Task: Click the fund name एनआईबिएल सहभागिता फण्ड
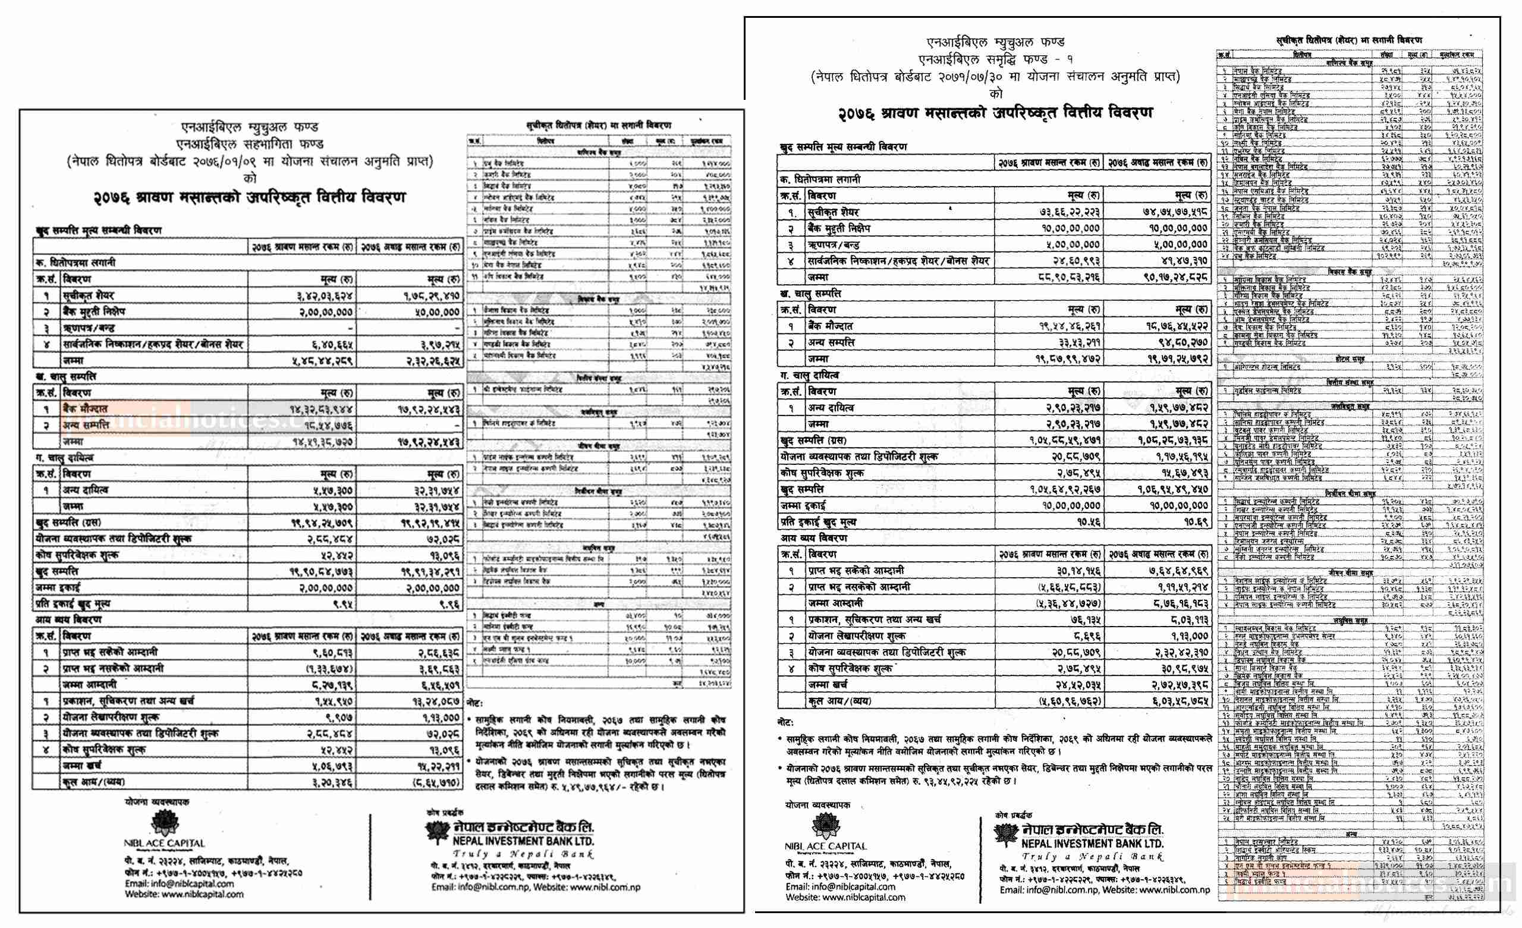(250, 144)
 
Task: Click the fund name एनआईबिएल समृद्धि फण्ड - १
(995, 59)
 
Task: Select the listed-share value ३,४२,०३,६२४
(324, 296)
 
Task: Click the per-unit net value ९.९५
(342, 603)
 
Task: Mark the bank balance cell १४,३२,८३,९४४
(321, 409)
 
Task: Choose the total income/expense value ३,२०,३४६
(330, 782)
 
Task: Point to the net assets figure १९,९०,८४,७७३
(321, 571)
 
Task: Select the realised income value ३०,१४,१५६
(1075, 570)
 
